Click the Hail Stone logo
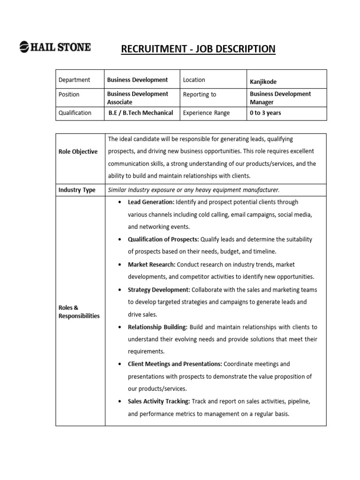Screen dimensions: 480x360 tap(55, 47)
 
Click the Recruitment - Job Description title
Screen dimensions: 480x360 tap(198, 49)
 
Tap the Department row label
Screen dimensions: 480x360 tap(74, 80)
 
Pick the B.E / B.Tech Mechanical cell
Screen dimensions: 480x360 tap(141, 112)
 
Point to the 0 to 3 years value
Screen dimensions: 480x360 tap(265, 112)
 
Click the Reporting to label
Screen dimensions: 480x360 tap(200, 94)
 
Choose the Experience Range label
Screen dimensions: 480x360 tap(206, 112)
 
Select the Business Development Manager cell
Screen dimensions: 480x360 tap(280, 97)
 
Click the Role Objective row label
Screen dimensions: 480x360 tap(78, 151)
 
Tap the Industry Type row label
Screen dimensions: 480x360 tap(77, 190)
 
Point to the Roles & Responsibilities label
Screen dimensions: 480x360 tap(79, 312)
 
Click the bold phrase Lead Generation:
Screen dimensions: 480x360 tap(151, 202)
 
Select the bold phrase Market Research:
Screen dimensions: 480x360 tap(151, 264)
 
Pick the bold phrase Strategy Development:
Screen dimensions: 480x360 tap(159, 290)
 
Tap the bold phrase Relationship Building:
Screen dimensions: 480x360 tap(157, 327)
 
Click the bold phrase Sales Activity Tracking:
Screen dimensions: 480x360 tap(159, 401)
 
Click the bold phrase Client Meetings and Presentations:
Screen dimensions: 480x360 tap(175, 364)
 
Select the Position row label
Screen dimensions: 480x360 tap(69, 94)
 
